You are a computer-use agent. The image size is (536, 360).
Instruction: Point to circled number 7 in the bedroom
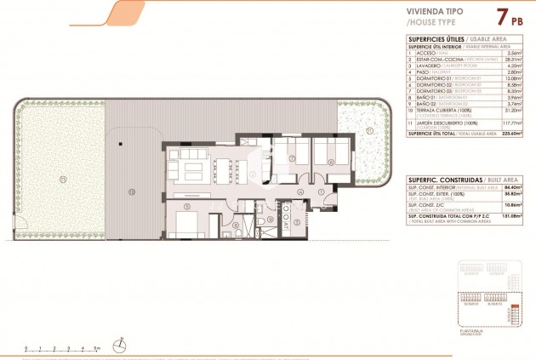tap(290, 158)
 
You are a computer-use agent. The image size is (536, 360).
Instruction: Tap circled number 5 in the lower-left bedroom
tap(186, 207)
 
